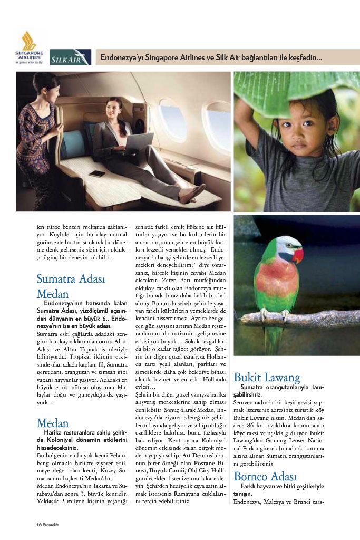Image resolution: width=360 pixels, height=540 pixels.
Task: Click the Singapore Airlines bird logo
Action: [28, 41]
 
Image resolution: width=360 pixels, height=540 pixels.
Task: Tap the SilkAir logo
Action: [70, 57]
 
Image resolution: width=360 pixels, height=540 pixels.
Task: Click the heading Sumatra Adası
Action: [71, 278]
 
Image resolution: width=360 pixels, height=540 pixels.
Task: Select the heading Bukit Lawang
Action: [267, 378]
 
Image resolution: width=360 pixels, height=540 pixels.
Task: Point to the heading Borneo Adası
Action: [267, 478]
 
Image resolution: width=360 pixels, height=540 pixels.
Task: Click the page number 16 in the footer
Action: [38, 524]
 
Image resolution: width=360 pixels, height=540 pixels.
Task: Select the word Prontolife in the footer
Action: [55, 524]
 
